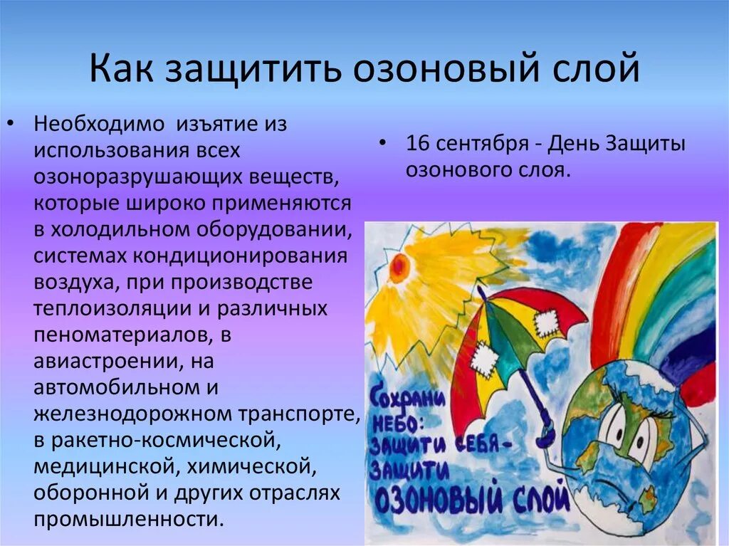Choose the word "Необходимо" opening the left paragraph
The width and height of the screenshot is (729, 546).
(x=94, y=125)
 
